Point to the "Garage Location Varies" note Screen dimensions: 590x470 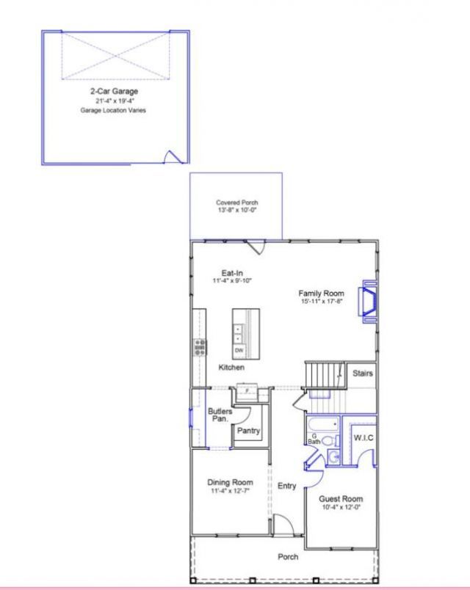point(113,110)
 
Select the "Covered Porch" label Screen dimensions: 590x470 point(236,203)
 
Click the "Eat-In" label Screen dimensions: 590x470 point(233,272)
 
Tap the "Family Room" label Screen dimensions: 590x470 point(322,294)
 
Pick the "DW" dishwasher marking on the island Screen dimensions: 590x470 point(239,350)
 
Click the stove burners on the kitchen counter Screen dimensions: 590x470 point(199,346)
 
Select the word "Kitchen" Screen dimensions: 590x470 point(231,367)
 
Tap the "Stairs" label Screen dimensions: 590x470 point(361,374)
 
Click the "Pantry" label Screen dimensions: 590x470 point(247,431)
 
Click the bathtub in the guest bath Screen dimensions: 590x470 point(324,425)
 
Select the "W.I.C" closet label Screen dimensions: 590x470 point(364,437)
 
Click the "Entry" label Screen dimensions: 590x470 point(287,486)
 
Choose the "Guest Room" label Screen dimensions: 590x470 point(340,499)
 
